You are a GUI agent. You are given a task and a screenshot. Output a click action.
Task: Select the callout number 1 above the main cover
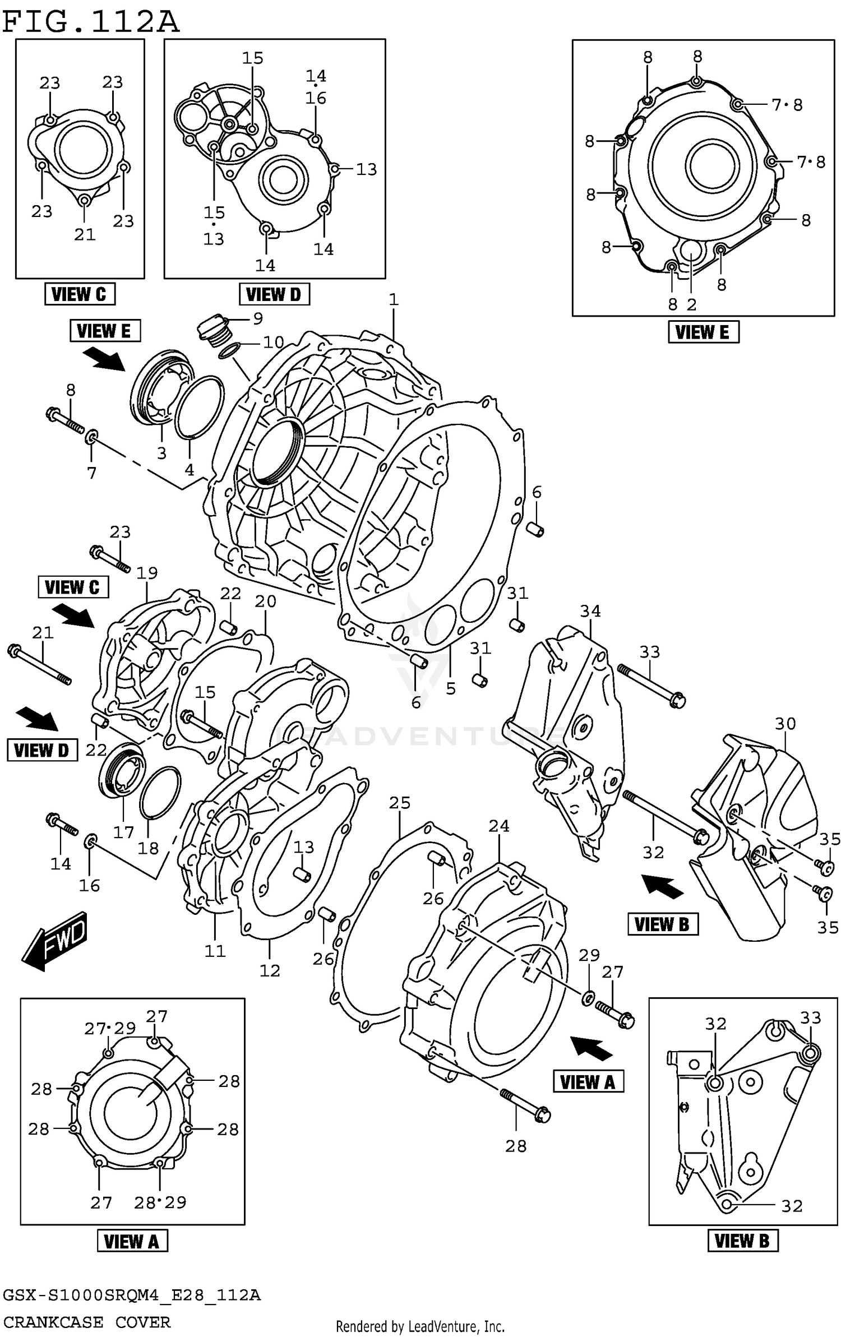[x=394, y=299]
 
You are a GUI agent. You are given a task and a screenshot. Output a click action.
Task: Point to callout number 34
[x=590, y=610]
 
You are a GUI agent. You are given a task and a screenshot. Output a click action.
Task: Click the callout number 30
[x=785, y=724]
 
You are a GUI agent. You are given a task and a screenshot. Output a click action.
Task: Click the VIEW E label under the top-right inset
[x=703, y=331]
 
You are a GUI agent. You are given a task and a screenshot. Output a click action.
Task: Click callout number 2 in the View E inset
[x=691, y=304]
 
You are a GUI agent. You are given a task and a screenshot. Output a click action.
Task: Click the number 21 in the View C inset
[x=85, y=234]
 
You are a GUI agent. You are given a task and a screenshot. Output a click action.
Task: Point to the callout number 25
[x=400, y=803]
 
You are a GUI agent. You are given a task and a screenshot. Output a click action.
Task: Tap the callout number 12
[x=270, y=970]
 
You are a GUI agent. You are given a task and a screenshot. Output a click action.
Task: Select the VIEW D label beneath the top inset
[x=274, y=294]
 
